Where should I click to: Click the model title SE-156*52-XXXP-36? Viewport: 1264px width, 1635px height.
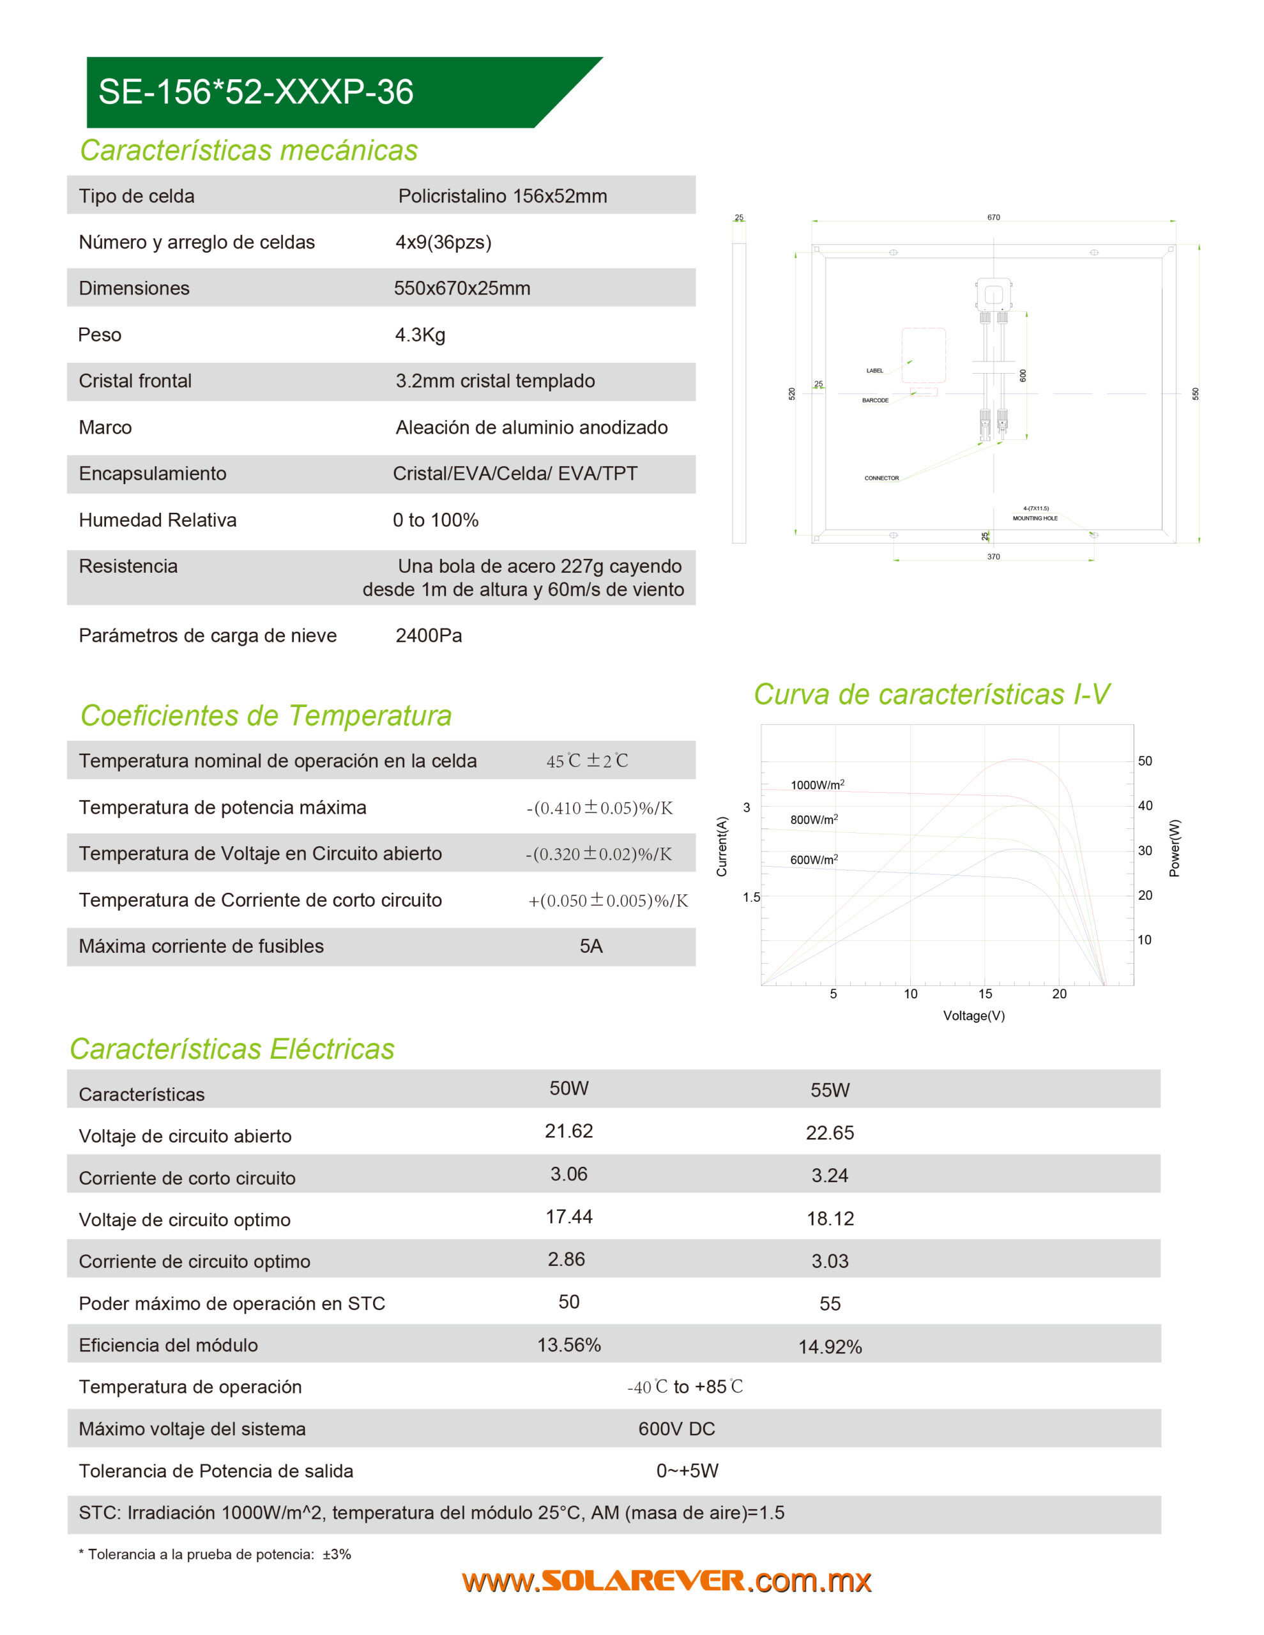coord(255,92)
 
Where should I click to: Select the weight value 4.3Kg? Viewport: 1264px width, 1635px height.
coord(420,335)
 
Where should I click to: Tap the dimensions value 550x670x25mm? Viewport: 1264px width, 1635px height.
coord(462,288)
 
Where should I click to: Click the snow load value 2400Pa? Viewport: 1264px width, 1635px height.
coord(429,635)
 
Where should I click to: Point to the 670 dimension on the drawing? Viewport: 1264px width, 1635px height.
coord(993,218)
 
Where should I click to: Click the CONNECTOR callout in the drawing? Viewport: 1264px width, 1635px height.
coord(881,478)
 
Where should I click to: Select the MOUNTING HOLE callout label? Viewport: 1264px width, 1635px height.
coord(1035,518)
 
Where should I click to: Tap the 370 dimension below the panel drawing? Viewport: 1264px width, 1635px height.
coord(993,557)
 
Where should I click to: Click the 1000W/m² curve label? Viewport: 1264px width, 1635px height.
coord(817,784)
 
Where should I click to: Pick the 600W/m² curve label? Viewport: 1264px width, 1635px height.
coord(814,860)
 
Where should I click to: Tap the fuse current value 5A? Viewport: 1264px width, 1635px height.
coord(591,947)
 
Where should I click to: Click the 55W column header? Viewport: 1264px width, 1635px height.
coord(830,1090)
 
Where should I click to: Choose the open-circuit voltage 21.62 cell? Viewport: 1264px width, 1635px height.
coord(568,1131)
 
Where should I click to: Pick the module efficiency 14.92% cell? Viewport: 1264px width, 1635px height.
coord(830,1347)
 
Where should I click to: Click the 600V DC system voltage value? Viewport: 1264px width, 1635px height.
coord(676,1429)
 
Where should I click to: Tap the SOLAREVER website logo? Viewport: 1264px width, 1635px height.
coord(666,1581)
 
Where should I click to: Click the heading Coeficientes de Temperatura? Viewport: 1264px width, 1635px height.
coord(266,716)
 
